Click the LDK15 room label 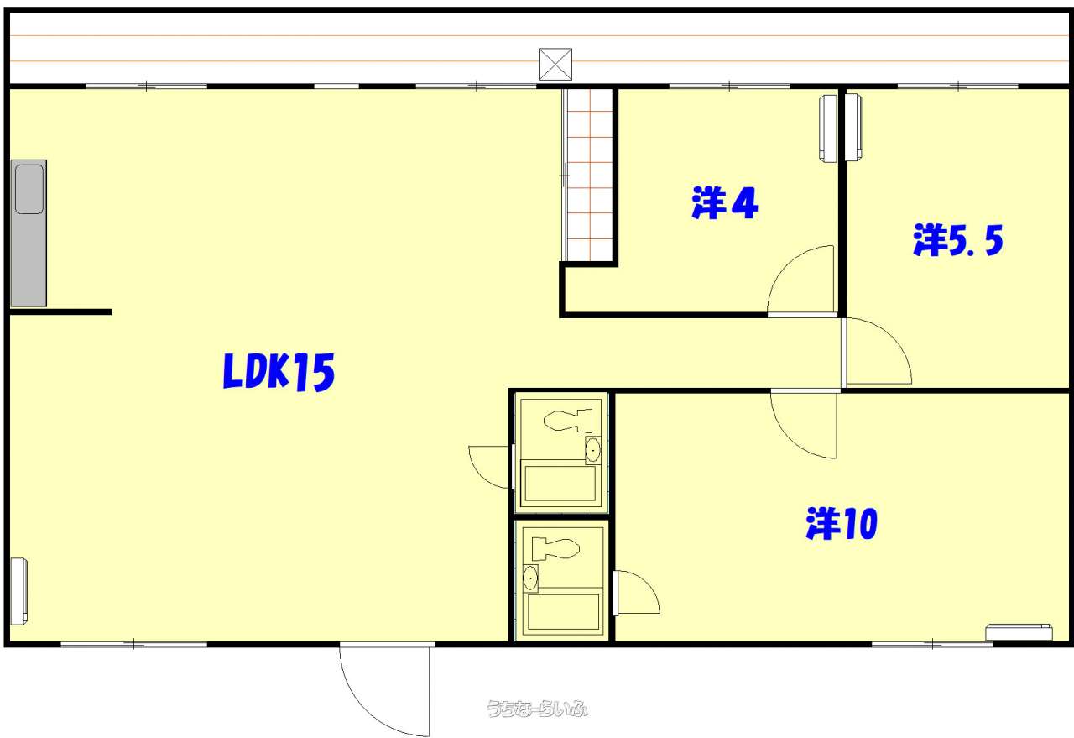(279, 372)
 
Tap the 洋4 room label (724, 203)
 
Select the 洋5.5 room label (958, 239)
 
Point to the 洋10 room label (842, 523)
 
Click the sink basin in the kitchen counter (29, 189)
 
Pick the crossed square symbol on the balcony (555, 65)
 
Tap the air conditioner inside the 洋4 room (828, 128)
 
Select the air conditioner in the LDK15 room (18, 591)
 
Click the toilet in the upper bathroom (568, 421)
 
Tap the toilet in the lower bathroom (555, 549)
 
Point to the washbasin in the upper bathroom (593, 450)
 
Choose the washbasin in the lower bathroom (530, 578)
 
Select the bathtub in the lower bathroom (563, 612)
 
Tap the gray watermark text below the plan (537, 709)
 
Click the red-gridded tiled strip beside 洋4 (588, 175)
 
